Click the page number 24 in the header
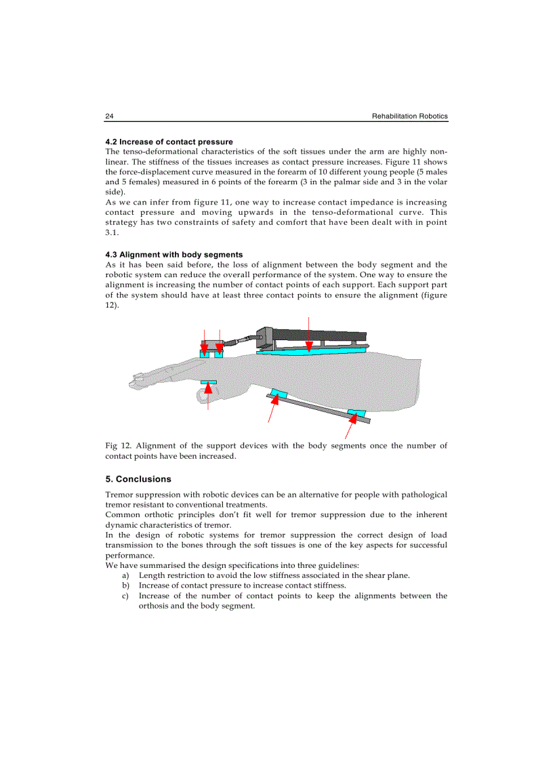click(109, 117)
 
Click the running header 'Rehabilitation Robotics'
click(409, 117)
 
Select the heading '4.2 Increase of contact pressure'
click(169, 142)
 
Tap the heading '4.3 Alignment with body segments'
click(174, 255)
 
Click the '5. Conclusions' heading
click(138, 479)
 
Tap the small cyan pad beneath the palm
click(208, 382)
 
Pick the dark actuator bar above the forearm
click(319, 337)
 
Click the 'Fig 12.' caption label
click(118, 446)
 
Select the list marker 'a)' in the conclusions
click(125, 575)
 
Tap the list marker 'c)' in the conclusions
click(125, 596)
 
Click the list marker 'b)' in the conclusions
click(125, 585)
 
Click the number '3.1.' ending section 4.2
click(112, 232)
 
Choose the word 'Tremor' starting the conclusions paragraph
click(119, 495)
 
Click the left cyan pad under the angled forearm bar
click(279, 393)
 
